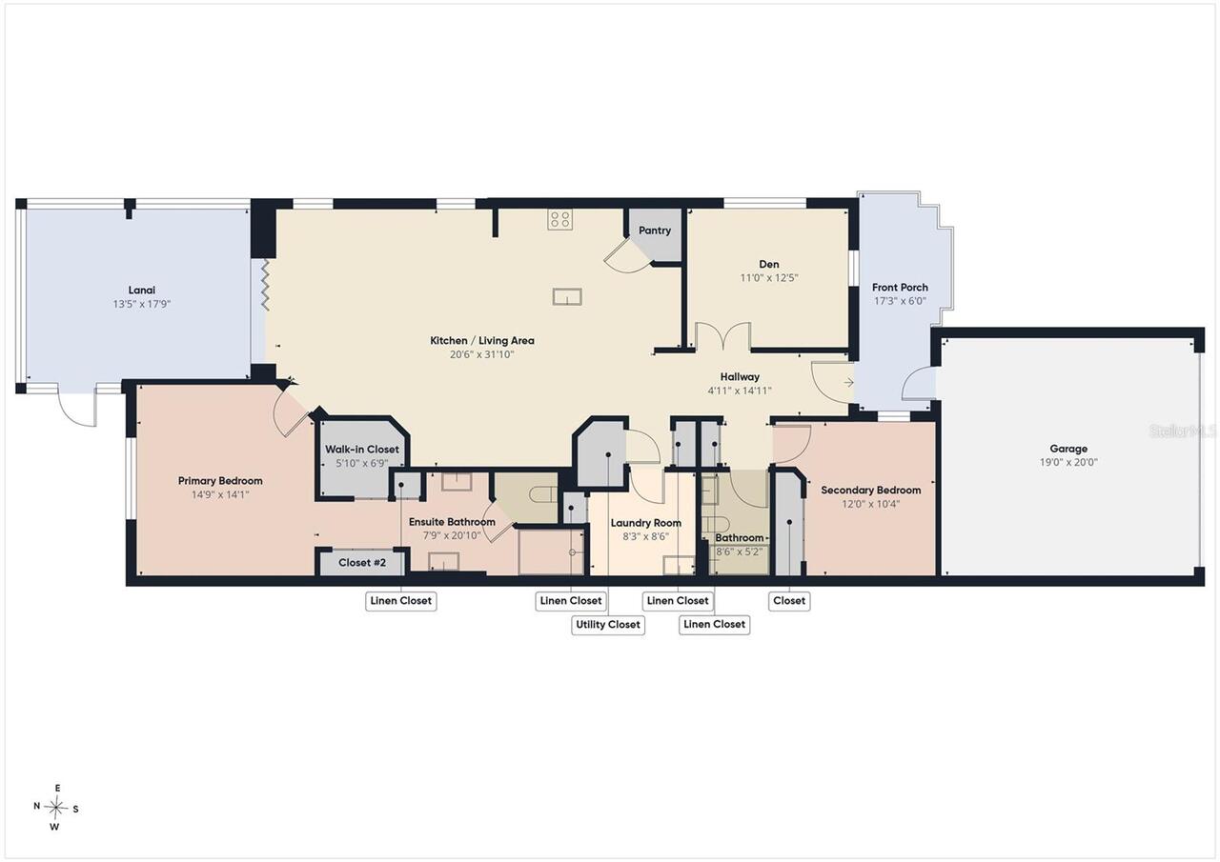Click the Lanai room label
click(142, 291)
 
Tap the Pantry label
click(654, 231)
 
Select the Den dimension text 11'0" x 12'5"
click(768, 277)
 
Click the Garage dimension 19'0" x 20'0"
click(1068, 462)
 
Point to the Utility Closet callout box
click(608, 624)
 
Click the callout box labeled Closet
click(788, 601)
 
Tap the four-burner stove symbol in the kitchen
click(559, 219)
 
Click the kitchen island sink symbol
click(567, 296)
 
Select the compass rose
click(55, 808)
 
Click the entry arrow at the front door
click(848, 383)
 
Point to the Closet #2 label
click(362, 562)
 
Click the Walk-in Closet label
click(362, 449)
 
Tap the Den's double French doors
click(723, 336)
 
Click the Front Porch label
click(900, 288)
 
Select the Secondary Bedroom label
click(871, 490)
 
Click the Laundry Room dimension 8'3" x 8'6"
click(646, 536)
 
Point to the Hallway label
click(740, 376)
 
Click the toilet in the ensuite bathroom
click(542, 494)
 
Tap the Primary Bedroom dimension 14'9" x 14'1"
click(220, 494)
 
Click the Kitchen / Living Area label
click(482, 341)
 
